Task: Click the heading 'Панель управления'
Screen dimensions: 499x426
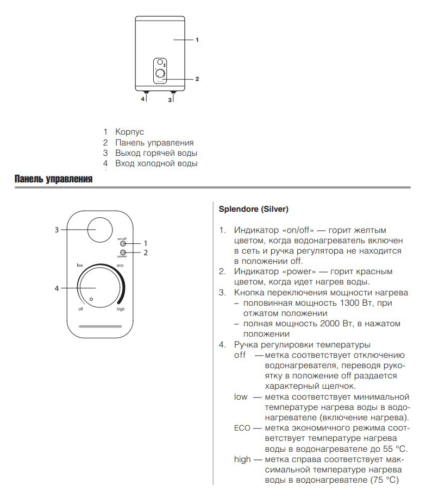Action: pos(53,179)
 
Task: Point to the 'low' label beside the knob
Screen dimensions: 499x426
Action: pos(79,265)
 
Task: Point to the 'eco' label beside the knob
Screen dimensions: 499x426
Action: pos(120,265)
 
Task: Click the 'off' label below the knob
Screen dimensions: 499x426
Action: pos(80,309)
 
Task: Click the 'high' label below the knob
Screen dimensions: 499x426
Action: pos(121,309)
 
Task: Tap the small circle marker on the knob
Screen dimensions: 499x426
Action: pos(91,300)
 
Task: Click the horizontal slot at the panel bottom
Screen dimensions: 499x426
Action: pos(101,327)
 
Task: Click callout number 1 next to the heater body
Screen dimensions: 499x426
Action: pos(197,40)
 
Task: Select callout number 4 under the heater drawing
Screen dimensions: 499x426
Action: pos(143,99)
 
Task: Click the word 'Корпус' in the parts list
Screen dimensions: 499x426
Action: pos(129,132)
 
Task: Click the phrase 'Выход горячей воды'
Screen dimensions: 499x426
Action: pos(156,153)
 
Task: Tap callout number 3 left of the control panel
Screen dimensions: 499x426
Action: pos(57,230)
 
